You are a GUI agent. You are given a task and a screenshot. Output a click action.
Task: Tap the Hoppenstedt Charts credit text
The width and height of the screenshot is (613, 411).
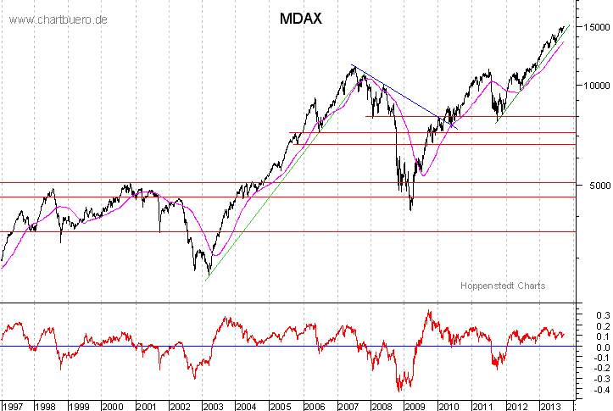pyautogui.click(x=503, y=286)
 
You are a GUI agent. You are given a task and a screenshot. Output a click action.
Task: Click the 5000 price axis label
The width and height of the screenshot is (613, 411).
pyautogui.click(x=592, y=186)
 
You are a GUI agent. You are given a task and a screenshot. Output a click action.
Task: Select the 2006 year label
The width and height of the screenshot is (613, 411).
pyautogui.click(x=312, y=403)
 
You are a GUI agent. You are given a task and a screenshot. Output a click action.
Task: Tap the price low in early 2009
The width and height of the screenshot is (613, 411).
pyautogui.click(x=411, y=208)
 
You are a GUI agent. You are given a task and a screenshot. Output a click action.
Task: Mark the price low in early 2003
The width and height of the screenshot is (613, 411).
pyautogui.click(x=207, y=273)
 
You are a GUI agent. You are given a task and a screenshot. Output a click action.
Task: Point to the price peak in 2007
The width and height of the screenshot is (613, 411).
pyautogui.click(x=352, y=66)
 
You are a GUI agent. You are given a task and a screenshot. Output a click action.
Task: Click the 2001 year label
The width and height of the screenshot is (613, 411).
pyautogui.click(x=145, y=403)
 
